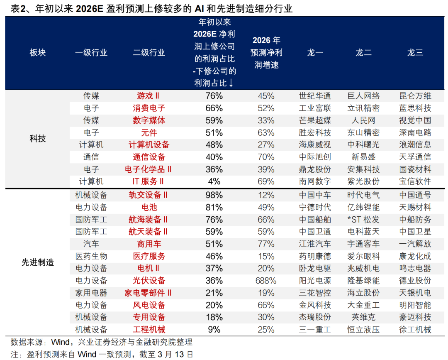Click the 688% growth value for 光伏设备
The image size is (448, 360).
[266, 281]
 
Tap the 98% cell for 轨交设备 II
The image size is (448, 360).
[214, 195]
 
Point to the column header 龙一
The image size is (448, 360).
[315, 52]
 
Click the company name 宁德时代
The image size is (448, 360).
[315, 207]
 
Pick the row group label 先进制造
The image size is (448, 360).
[38, 262]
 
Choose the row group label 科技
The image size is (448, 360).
[38, 139]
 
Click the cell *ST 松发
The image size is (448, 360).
[363, 220]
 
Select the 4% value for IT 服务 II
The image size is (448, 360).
[214, 181]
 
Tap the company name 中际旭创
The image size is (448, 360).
[315, 157]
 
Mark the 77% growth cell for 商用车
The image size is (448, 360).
[266, 244]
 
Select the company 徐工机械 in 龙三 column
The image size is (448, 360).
[415, 330]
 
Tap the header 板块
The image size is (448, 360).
[38, 52]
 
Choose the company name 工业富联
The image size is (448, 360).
[315, 108]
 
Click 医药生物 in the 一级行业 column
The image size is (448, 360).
[91, 256]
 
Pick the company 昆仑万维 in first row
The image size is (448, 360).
[415, 96]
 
